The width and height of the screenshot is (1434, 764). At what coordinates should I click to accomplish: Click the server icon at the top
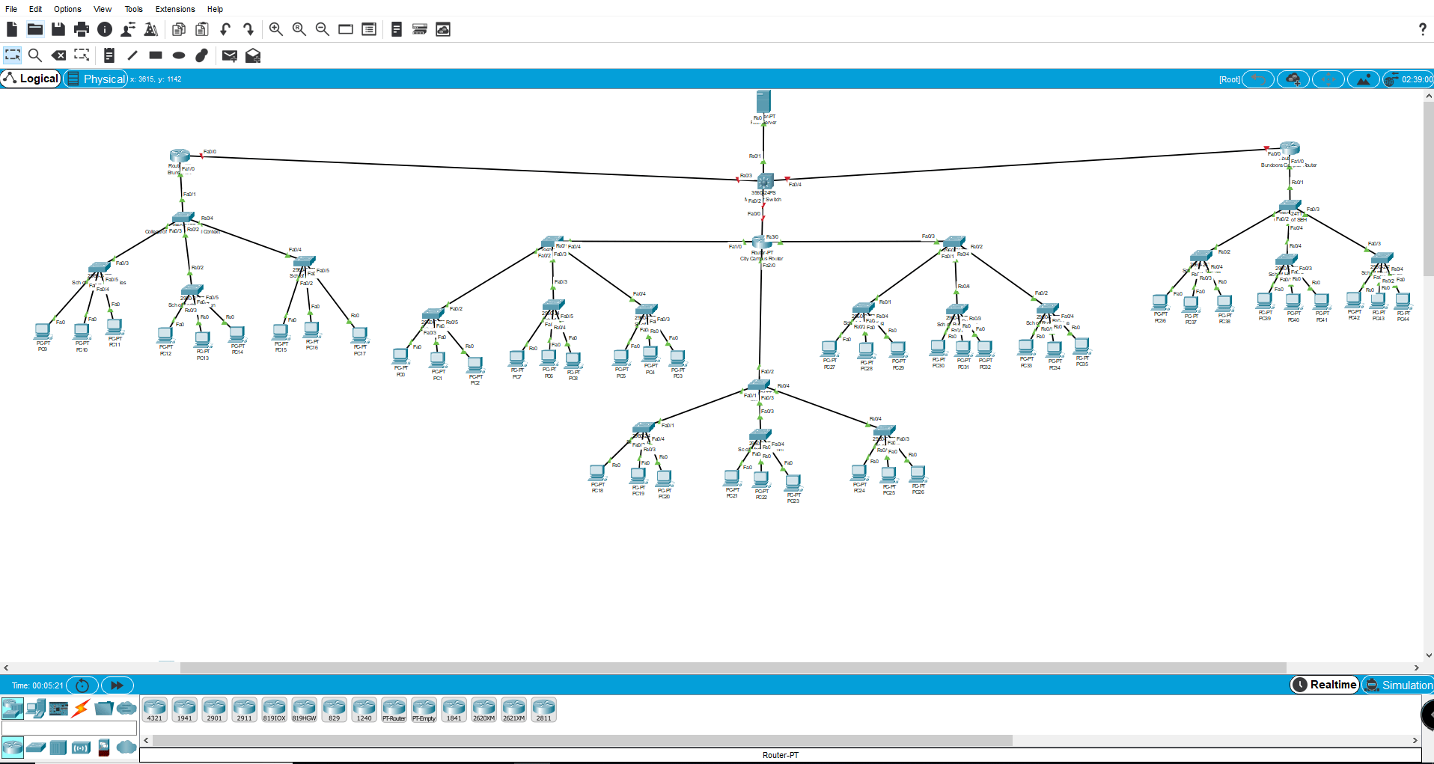(763, 102)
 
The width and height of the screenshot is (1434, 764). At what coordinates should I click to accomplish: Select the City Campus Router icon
(761, 242)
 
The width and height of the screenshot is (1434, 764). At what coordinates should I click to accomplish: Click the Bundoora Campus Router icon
(1289, 148)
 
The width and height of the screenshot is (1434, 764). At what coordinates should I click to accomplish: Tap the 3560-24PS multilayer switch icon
(765, 181)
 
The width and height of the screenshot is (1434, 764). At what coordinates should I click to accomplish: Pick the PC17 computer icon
(360, 334)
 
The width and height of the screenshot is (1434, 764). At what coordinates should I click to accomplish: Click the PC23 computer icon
(793, 482)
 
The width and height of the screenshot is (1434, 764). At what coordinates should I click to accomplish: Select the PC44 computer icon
(1403, 300)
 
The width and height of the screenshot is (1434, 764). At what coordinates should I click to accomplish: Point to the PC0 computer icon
(401, 355)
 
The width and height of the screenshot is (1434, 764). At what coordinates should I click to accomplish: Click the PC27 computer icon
(829, 348)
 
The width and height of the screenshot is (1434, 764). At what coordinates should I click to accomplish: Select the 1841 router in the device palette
(454, 709)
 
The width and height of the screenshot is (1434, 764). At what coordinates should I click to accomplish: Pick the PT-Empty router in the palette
(424, 709)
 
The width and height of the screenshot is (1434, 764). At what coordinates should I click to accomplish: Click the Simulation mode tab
(1398, 685)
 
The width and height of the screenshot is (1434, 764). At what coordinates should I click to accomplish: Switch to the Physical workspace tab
(96, 79)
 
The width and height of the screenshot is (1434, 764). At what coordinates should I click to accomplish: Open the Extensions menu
(175, 9)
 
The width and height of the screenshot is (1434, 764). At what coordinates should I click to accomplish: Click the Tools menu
(133, 9)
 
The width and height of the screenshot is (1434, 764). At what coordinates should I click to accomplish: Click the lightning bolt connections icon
(81, 707)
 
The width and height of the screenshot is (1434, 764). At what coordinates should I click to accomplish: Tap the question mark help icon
(1422, 29)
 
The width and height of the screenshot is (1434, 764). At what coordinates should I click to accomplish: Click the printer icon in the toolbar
(82, 29)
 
